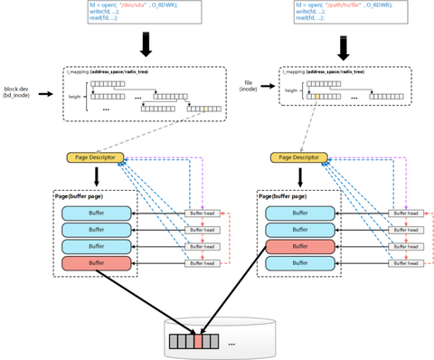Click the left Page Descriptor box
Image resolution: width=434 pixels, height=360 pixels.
(94, 157)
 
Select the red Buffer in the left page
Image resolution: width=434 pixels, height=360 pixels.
(96, 263)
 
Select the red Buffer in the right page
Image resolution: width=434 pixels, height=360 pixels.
(300, 246)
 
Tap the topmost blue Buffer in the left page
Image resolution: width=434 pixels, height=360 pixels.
(96, 213)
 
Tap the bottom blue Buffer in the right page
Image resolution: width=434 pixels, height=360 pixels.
(300, 263)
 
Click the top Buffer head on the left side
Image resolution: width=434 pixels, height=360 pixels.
(202, 214)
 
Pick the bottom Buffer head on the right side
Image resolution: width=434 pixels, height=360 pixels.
(406, 263)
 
